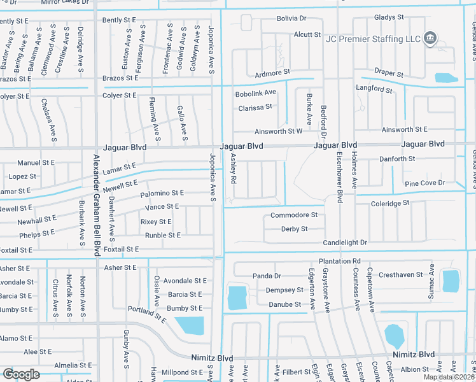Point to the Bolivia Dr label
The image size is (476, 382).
pyautogui.click(x=291, y=19)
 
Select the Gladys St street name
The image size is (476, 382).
pyautogui.click(x=389, y=17)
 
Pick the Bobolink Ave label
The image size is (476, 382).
pyautogui.click(x=255, y=93)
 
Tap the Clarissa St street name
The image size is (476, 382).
pyautogui.click(x=255, y=108)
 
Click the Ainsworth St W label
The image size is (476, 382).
pyautogui.click(x=278, y=132)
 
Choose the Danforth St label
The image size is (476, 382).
pyautogui.click(x=397, y=159)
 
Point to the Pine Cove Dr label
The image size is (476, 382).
pyautogui.click(x=425, y=183)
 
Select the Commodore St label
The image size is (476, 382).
pyautogui.click(x=294, y=215)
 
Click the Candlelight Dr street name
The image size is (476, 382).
pyautogui.click(x=346, y=243)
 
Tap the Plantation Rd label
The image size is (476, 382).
pyautogui.click(x=340, y=261)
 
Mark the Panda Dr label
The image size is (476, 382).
pyautogui.click(x=267, y=276)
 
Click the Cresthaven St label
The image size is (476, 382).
pyautogui.click(x=401, y=275)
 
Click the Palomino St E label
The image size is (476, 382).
pyautogui.click(x=162, y=193)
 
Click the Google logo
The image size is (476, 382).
pyautogui.click(x=21, y=374)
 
